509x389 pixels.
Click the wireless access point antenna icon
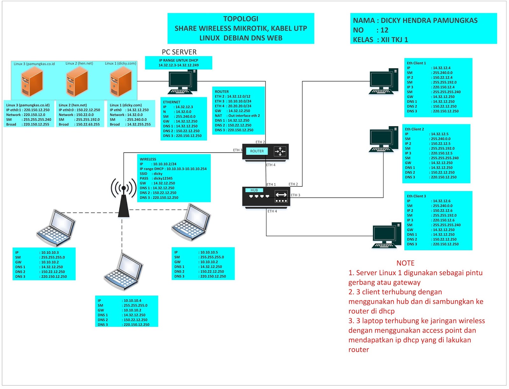coord(123,197)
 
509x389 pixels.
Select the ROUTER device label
coord(257,151)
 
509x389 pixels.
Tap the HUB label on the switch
coord(254,190)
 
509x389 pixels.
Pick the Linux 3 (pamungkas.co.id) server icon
coord(31,83)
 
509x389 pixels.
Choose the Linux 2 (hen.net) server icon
coord(77,83)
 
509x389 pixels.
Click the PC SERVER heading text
coord(179,52)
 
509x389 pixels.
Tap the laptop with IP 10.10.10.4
coord(123,272)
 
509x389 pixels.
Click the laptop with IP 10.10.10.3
coord(56,228)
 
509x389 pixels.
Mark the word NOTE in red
coord(405,263)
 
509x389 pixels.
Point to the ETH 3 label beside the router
coord(237,150)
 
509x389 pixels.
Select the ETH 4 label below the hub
coord(272,211)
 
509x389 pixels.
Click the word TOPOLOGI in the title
coord(241,19)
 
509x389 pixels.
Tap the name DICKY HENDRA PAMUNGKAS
coord(429,21)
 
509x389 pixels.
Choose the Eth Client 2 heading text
coord(414,129)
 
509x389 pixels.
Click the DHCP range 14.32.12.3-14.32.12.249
coord(178,65)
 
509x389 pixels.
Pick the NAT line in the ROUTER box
coord(237,116)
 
